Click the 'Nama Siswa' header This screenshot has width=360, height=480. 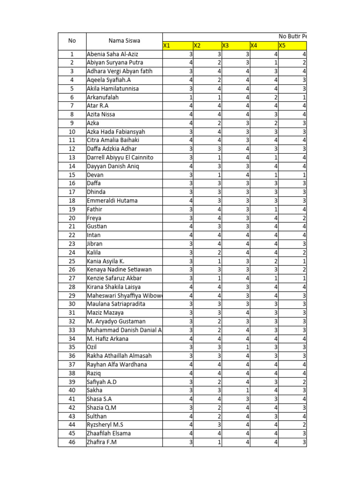pyautogui.click(x=124, y=41)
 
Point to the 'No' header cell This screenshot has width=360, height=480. pyautogui.click(x=72, y=41)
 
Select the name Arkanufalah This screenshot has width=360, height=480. pyautogui.click(x=103, y=97)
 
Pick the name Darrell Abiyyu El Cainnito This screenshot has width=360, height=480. pyautogui.click(x=120, y=157)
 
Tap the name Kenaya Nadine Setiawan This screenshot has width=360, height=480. pyautogui.click(x=119, y=270)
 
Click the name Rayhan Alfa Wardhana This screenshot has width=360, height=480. pyautogui.click(x=117, y=364)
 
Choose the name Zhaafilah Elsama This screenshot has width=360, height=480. pyautogui.click(x=109, y=433)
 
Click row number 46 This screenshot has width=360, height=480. pyautogui.click(x=72, y=442)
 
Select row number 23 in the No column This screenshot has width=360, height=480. pyautogui.click(x=72, y=244)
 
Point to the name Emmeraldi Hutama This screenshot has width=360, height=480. pyautogui.click(x=112, y=201)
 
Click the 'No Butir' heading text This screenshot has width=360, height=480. pyautogui.click(x=292, y=36)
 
